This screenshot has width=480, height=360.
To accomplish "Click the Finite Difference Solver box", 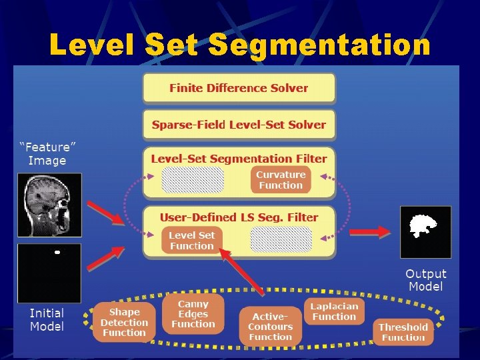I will (x=239, y=88).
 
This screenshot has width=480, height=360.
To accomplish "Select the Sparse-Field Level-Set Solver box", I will (x=239, y=125).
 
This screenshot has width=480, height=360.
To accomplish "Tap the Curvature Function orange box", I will (x=281, y=180).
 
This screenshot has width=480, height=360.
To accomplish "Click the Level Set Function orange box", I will (x=192, y=241).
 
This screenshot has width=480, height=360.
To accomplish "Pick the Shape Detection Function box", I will (x=124, y=322).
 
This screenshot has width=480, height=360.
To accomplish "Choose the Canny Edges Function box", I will (x=193, y=314).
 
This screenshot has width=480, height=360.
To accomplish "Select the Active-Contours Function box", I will (x=271, y=327).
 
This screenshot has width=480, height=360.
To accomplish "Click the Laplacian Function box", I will (x=335, y=311).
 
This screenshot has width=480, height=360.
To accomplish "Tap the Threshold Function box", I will (x=403, y=331).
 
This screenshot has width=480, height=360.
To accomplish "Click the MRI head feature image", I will (x=49, y=205).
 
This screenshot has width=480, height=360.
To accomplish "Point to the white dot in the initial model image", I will (x=57, y=253).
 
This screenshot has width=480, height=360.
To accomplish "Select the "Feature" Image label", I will (x=47, y=153).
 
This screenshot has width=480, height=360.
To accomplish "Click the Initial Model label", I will (x=47, y=319).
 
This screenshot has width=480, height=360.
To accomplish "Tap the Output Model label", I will (x=426, y=280).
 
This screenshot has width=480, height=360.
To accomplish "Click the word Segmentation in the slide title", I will (x=319, y=45).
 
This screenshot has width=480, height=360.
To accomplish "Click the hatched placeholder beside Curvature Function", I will (x=193, y=180).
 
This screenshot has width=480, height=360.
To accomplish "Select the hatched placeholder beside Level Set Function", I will (x=281, y=239).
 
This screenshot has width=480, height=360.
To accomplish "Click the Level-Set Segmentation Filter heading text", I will (x=239, y=159).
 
